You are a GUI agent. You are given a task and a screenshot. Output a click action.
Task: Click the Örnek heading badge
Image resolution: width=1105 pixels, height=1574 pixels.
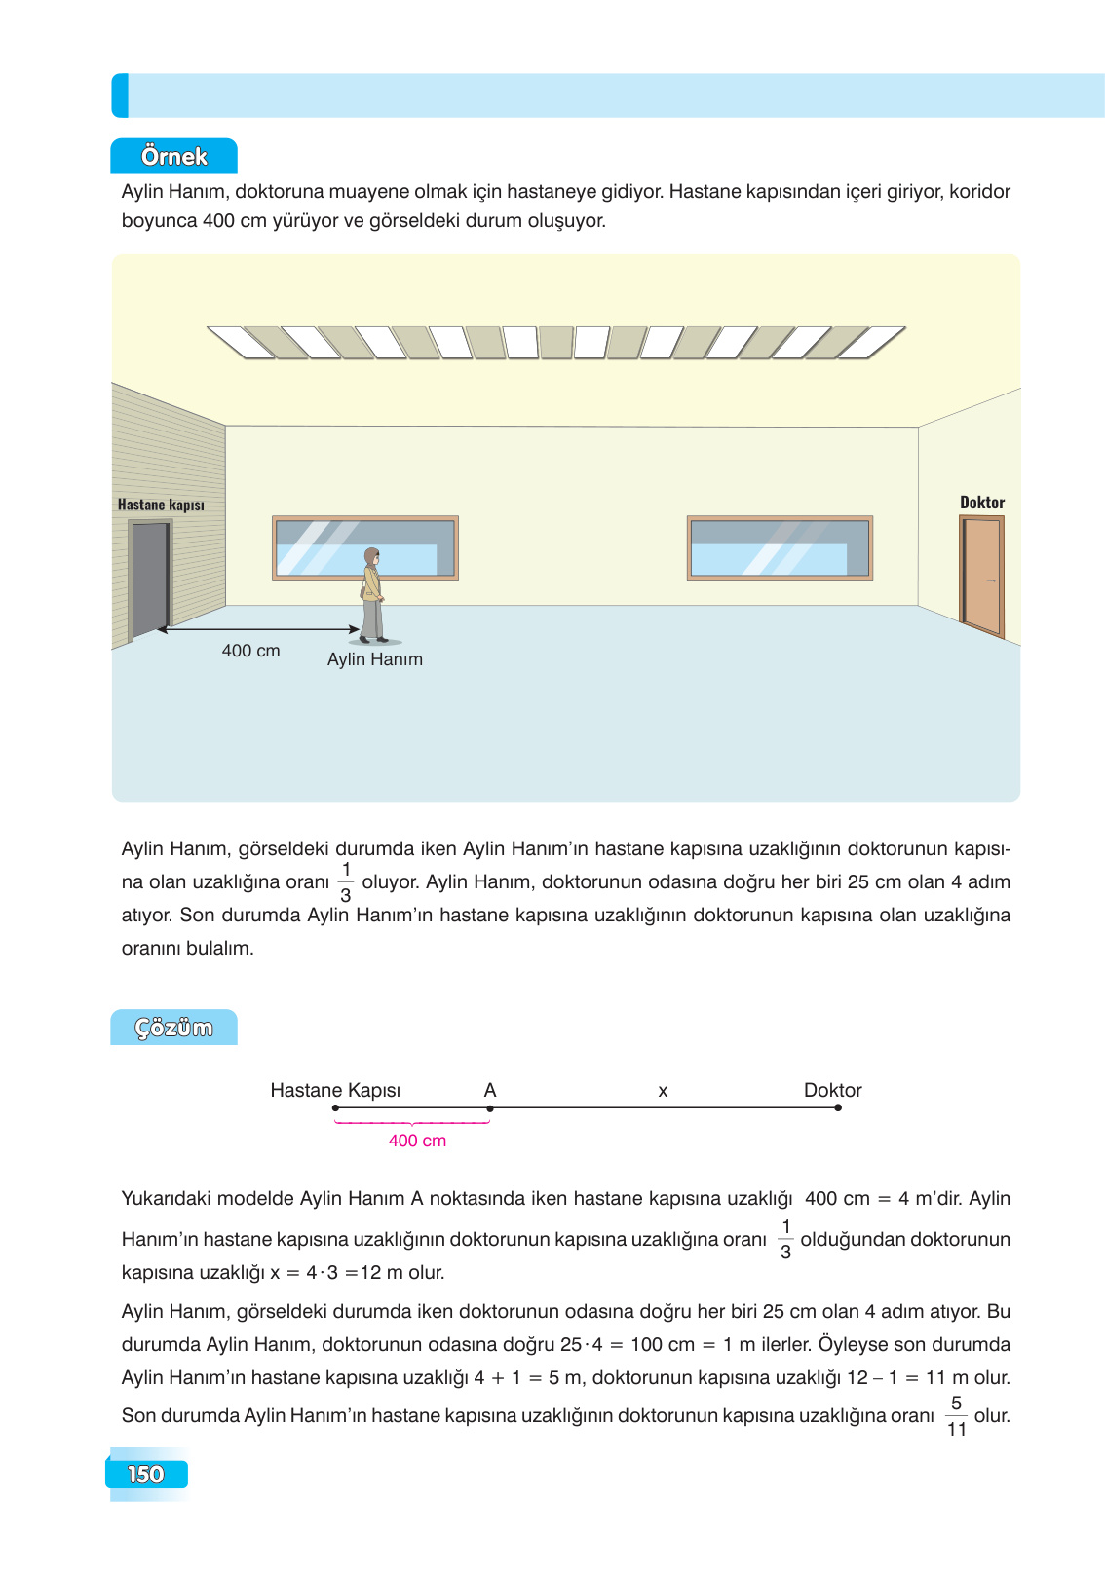(x=173, y=156)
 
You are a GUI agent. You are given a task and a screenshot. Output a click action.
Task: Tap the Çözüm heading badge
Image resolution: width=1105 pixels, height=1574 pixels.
(x=173, y=1028)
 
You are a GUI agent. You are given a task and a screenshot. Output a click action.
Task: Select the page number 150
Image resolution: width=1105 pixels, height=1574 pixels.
(x=146, y=1474)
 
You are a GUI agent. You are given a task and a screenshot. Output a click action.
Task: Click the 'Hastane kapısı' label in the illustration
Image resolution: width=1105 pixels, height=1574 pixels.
(x=161, y=505)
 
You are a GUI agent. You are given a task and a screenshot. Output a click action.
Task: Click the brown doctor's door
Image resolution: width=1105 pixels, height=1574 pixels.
(x=982, y=576)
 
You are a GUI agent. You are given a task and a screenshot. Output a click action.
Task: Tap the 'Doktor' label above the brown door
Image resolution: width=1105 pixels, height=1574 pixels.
(x=982, y=503)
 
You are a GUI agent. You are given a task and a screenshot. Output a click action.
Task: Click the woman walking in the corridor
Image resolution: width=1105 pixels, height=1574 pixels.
(x=372, y=595)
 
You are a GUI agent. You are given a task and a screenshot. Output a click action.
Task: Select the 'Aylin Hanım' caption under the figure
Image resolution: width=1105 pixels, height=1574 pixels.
(x=375, y=659)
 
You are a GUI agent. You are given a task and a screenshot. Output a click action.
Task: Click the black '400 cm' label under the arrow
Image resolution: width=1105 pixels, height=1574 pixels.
(x=250, y=651)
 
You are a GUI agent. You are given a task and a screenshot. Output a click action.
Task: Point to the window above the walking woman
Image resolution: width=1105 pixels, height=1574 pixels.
(x=364, y=548)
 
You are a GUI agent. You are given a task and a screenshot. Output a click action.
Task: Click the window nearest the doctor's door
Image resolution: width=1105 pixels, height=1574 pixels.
(x=780, y=548)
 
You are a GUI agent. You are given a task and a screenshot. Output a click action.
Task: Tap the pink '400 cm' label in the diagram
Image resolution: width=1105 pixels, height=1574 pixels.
(x=417, y=1141)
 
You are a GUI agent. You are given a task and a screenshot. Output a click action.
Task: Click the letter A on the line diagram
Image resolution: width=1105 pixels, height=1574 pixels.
(x=490, y=1090)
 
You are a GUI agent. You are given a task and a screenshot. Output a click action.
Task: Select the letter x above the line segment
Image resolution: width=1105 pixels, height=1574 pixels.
(x=663, y=1091)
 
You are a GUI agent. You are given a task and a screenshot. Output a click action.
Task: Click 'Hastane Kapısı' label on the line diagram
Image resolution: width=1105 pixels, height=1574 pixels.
(x=335, y=1090)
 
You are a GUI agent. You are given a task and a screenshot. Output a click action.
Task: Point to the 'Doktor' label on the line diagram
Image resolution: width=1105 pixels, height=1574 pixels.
(x=832, y=1090)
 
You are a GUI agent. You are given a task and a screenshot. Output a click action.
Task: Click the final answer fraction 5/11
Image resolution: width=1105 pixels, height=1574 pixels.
(x=956, y=1416)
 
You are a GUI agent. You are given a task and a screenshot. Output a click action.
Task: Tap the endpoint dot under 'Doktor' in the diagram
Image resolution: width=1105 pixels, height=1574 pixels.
(x=838, y=1107)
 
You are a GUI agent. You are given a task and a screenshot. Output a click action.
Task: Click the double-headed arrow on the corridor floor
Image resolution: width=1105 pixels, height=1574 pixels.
(x=259, y=629)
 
